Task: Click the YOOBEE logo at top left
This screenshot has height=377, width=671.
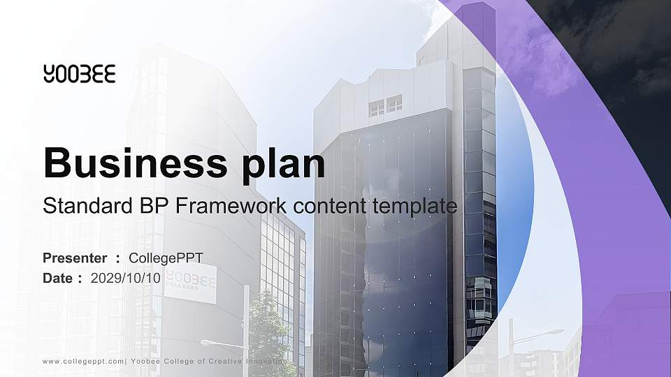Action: click(x=79, y=73)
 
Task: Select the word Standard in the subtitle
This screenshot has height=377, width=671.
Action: click(x=82, y=207)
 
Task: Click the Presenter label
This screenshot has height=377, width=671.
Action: click(x=75, y=258)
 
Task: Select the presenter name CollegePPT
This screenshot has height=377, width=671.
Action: click(x=166, y=258)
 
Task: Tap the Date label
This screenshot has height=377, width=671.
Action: click(x=58, y=278)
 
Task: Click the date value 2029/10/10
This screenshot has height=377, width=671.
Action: click(x=126, y=278)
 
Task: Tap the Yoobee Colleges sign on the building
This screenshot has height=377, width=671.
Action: click(x=191, y=283)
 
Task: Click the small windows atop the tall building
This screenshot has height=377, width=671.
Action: click(x=385, y=106)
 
